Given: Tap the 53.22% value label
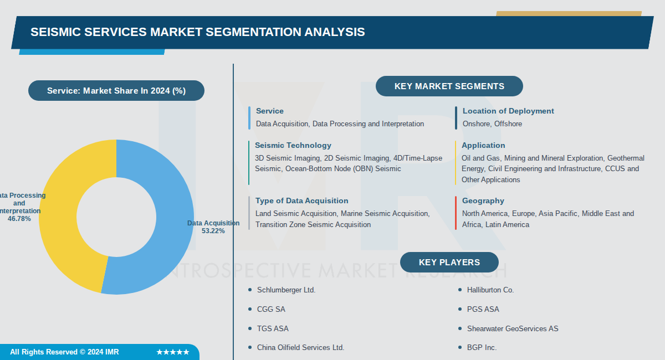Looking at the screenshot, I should tap(213, 231).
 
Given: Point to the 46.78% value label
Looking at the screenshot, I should tap(19, 219).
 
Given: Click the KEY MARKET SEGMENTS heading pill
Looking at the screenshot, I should tap(449, 86).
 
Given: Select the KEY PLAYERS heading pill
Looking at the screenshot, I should tap(449, 263).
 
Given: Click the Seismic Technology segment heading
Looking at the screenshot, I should tap(293, 145).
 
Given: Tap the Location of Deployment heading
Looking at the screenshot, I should tap(508, 111).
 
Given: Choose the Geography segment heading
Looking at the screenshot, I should tap(483, 200).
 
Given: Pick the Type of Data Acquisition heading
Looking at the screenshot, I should tap(302, 200).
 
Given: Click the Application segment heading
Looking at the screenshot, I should tap(483, 145).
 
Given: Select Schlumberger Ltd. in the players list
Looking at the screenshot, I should tap(286, 290).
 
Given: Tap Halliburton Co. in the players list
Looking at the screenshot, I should tap(490, 290).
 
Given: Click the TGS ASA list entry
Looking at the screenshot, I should tap(273, 328).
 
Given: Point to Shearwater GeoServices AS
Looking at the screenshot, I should tap(513, 328).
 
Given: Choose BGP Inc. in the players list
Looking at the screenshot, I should tap(482, 348).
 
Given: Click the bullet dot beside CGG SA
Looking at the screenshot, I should tap(250, 309).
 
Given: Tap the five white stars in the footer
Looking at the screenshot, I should tap(173, 352).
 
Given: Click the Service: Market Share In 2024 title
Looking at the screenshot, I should tap(116, 91).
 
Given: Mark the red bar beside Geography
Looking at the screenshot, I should tap(456, 213).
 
